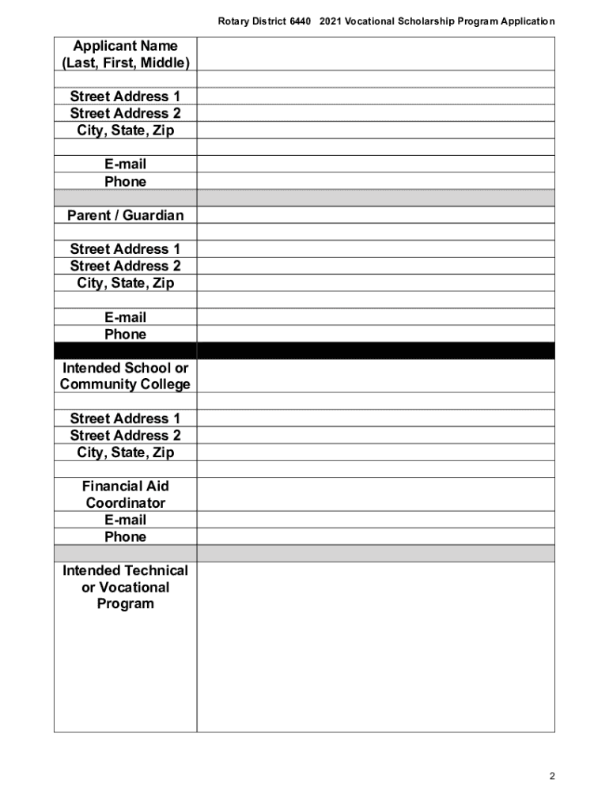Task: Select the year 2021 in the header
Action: coord(333,21)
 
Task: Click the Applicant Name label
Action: coord(125,46)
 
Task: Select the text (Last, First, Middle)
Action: coord(125,62)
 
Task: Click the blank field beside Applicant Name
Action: coord(375,54)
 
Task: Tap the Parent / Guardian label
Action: coord(125,215)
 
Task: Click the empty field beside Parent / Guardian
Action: coord(375,215)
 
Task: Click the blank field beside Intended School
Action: coord(375,376)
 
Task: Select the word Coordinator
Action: coord(125,503)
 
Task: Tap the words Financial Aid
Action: coord(125,486)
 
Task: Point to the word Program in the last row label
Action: coord(125,604)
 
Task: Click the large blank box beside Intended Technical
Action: coord(375,646)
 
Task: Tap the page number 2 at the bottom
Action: coord(552,776)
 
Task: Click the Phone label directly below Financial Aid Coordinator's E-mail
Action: coord(125,537)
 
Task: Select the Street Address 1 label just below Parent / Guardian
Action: coord(125,249)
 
